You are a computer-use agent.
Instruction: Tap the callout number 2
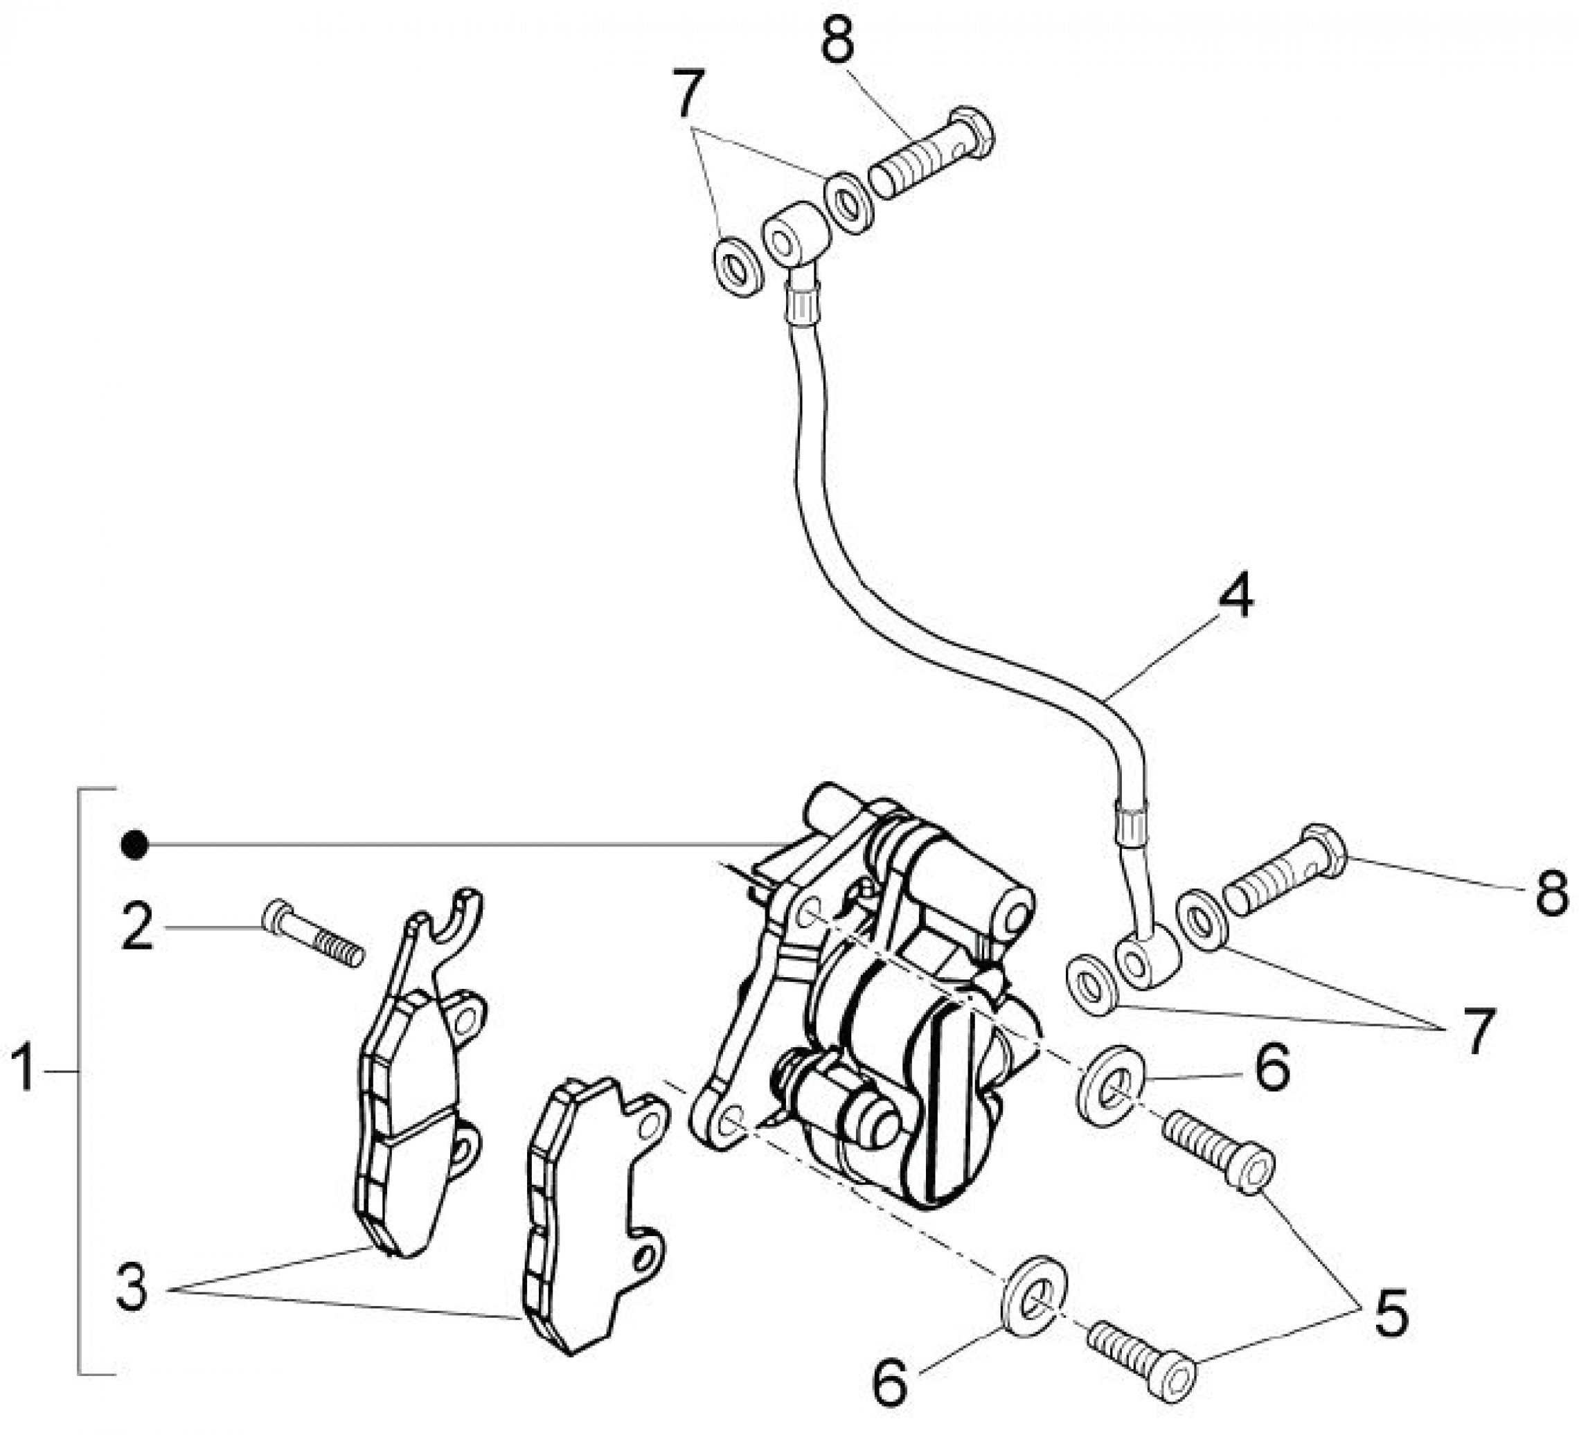(x=138, y=927)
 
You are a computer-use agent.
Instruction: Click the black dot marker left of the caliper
(x=135, y=845)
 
